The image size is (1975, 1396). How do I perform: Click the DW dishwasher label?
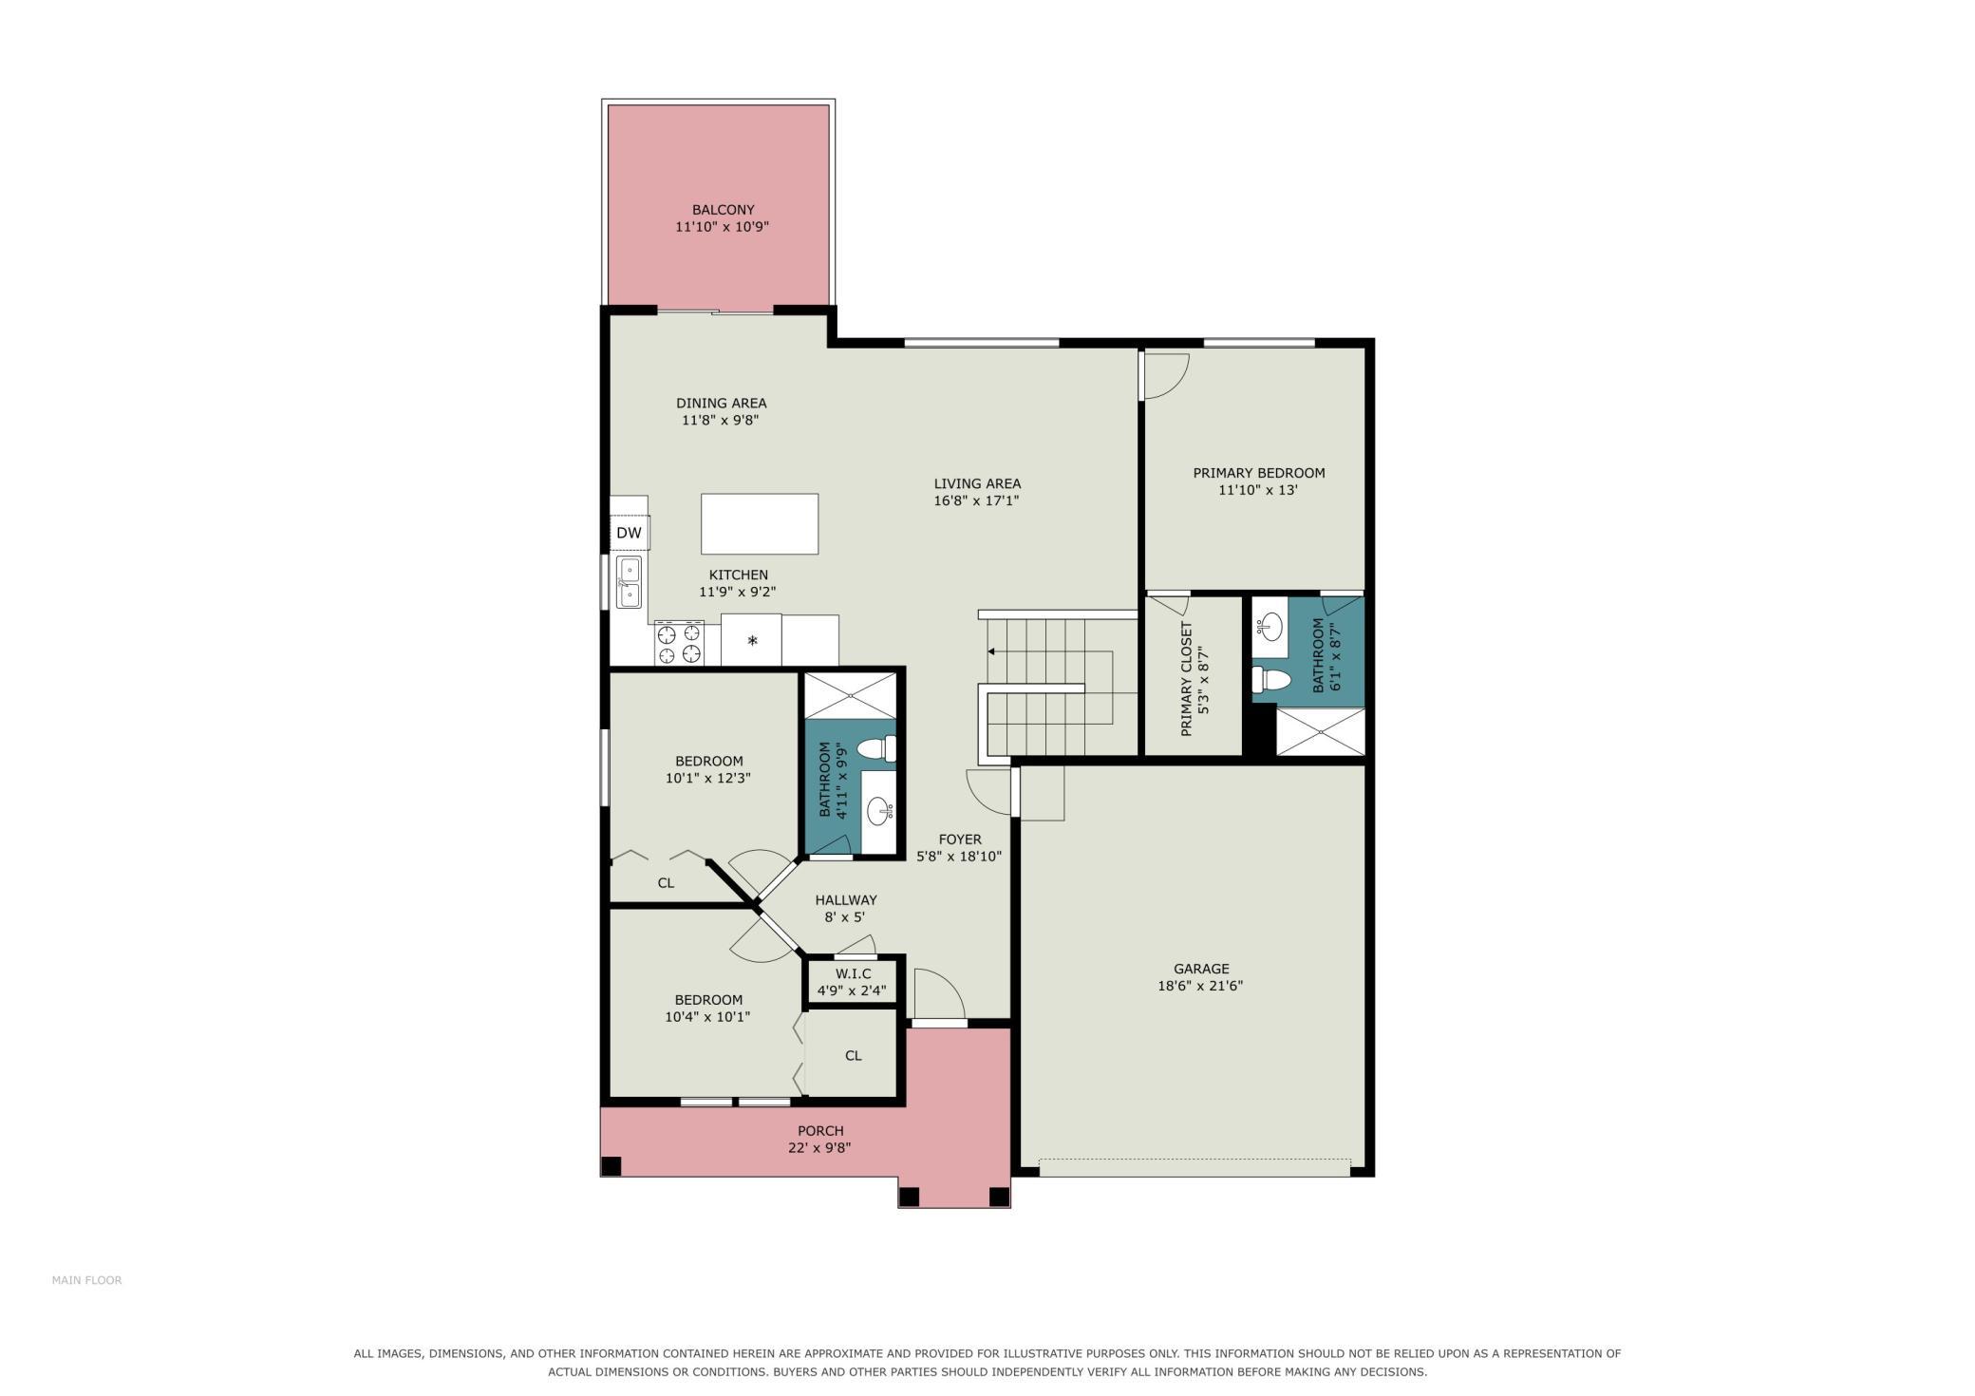[629, 533]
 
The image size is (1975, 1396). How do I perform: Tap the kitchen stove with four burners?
[679, 643]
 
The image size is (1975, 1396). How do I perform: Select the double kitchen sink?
[629, 582]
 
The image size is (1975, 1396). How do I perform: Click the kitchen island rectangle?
[760, 523]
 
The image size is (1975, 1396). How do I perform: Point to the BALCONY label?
[723, 210]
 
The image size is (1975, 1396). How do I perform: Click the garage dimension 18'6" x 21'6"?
[1200, 986]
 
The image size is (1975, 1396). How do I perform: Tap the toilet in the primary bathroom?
[1271, 680]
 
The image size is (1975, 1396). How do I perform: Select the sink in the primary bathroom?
[1270, 627]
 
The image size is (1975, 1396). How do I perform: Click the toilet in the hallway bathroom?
[876, 749]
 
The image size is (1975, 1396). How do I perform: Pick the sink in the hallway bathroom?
[879, 811]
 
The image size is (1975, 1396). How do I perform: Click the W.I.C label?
[853, 974]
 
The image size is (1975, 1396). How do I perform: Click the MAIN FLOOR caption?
[86, 1280]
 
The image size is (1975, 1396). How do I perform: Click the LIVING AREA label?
[977, 483]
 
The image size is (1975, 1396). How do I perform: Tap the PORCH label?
[820, 1131]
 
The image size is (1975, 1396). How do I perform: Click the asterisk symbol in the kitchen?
[752, 641]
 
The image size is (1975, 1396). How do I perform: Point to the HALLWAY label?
[846, 900]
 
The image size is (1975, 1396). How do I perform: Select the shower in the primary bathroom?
[1320, 732]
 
